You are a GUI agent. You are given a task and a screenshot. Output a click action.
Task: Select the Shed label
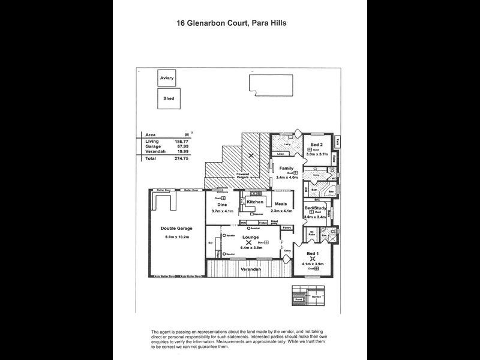(x=168, y=99)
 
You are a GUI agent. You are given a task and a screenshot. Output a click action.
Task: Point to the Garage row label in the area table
(x=152, y=147)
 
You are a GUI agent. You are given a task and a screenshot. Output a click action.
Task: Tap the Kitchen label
(x=255, y=202)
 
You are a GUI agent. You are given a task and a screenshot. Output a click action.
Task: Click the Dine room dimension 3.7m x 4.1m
(x=221, y=211)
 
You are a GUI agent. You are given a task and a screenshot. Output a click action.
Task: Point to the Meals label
(x=281, y=203)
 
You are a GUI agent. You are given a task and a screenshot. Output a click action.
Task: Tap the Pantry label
(x=287, y=228)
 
